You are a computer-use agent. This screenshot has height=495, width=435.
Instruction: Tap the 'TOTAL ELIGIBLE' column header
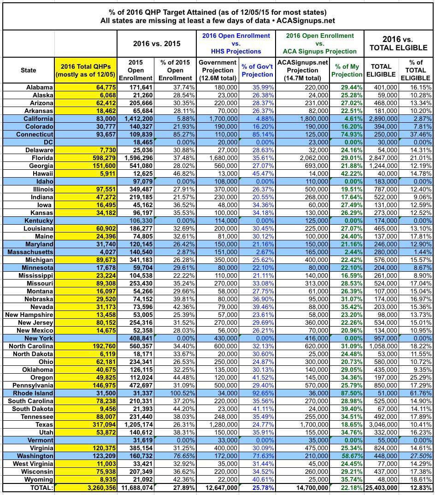[381, 70]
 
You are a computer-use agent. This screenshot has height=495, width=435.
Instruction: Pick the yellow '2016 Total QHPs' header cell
[85, 70]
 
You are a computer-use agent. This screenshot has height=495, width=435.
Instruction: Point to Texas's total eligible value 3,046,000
[381, 424]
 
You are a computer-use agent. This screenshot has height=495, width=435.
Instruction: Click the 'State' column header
[28, 70]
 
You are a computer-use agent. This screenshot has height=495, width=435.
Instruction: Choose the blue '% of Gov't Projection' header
[257, 70]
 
